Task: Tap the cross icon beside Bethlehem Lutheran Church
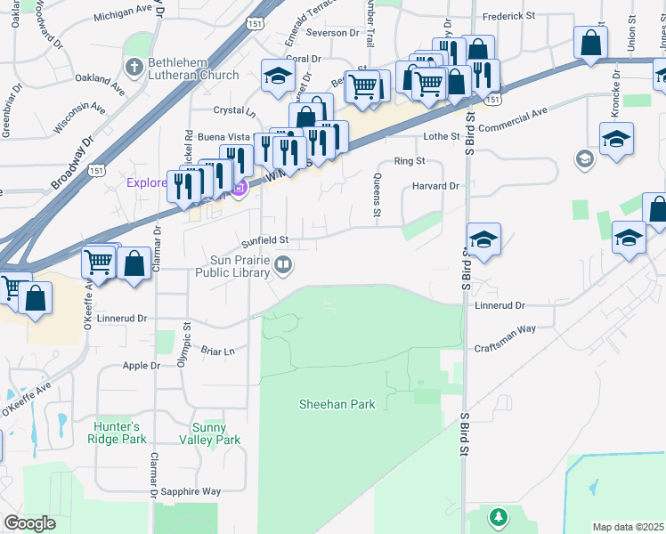point(134,68)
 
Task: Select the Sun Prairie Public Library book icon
point(283,263)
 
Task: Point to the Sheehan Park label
point(337,404)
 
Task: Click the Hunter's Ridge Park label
point(119,433)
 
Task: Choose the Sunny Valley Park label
point(210,433)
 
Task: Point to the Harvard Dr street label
point(435,186)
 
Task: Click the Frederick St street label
point(510,17)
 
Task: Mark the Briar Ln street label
point(218,350)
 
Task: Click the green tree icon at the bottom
point(499,516)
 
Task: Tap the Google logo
point(29,523)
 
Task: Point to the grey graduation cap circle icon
point(585,159)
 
